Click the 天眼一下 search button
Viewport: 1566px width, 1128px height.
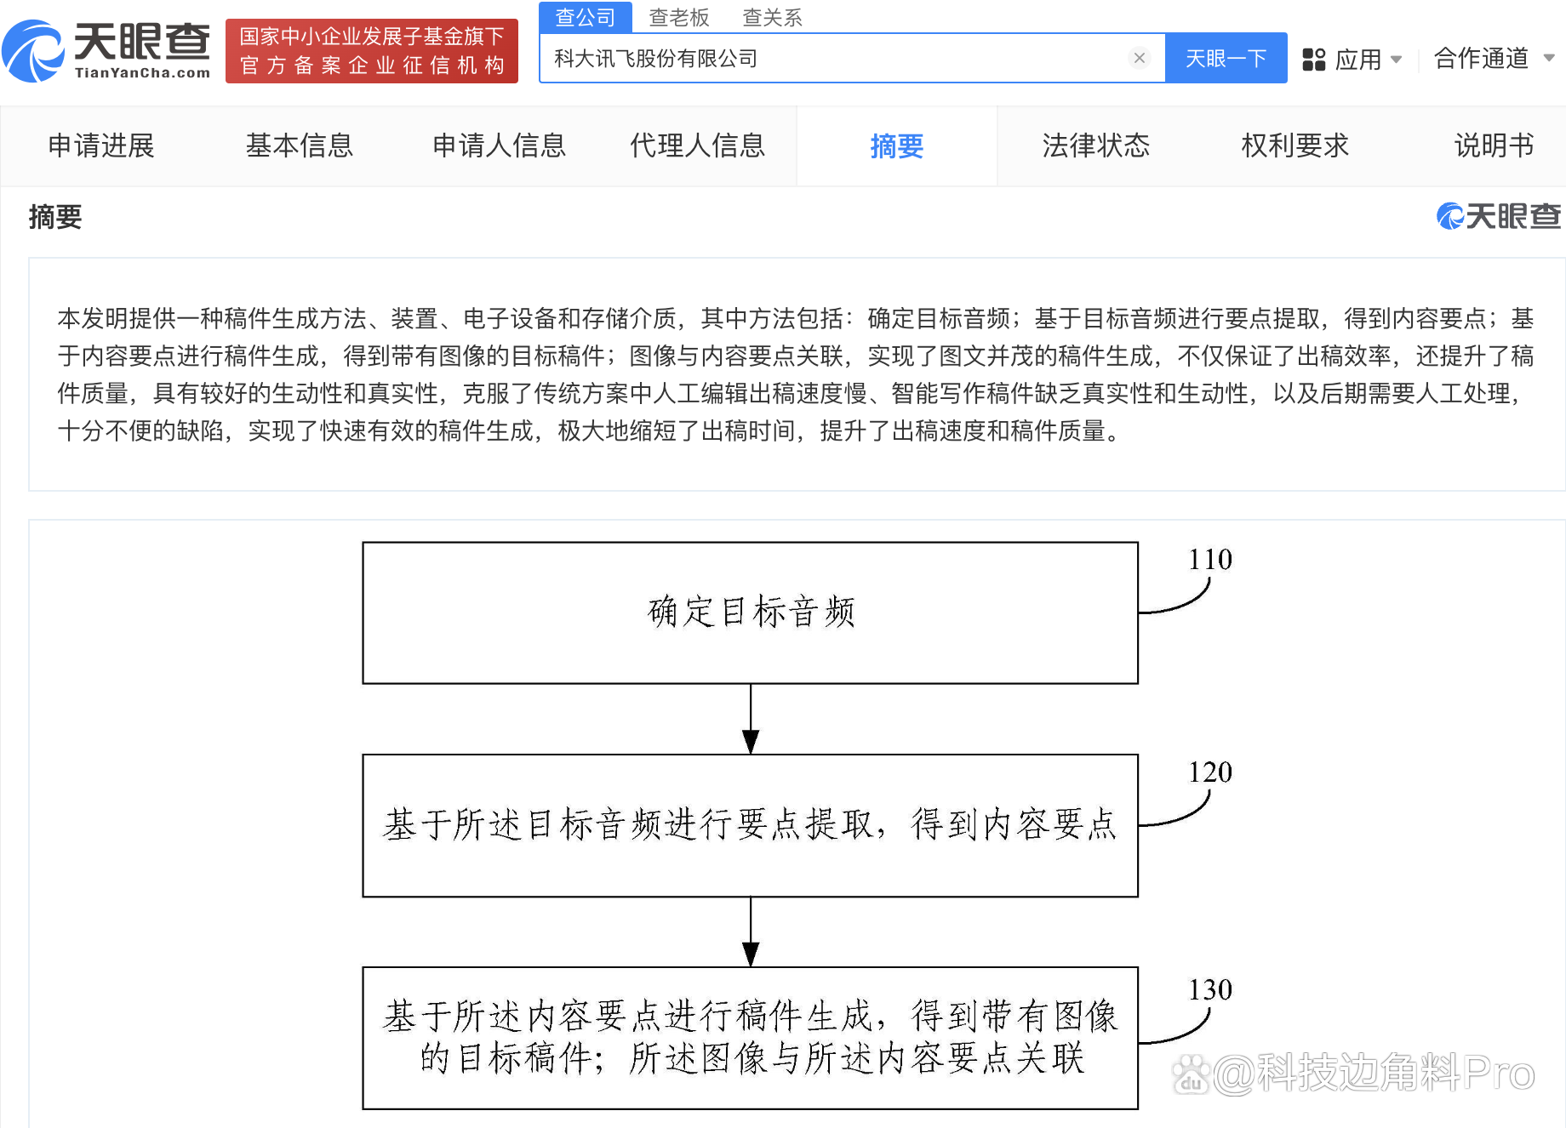[x=1226, y=59]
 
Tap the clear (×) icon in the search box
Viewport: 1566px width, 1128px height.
[x=1139, y=58]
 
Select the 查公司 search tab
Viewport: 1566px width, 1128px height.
[x=586, y=17]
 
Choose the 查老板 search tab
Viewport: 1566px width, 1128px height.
[x=678, y=17]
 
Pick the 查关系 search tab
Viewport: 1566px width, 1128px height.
[x=772, y=17]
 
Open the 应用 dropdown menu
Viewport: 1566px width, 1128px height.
[x=1352, y=60]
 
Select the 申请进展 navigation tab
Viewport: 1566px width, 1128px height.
[x=101, y=145]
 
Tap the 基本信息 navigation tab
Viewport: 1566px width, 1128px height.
[x=300, y=145]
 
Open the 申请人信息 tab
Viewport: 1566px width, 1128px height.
[x=499, y=145]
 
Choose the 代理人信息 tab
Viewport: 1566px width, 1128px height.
[x=697, y=145]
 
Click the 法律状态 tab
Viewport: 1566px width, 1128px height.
[x=1096, y=145]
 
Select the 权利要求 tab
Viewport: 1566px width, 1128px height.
[x=1295, y=145]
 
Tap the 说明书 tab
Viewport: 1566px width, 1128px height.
[x=1495, y=145]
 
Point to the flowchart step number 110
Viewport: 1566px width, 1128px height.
[x=1210, y=560]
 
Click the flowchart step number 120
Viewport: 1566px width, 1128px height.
[x=1210, y=772]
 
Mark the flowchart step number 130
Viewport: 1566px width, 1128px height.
[x=1210, y=990]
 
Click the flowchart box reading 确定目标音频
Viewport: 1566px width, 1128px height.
[x=751, y=612]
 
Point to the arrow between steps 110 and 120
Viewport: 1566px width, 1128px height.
[x=751, y=719]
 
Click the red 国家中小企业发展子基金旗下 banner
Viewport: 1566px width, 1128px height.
[x=372, y=51]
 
